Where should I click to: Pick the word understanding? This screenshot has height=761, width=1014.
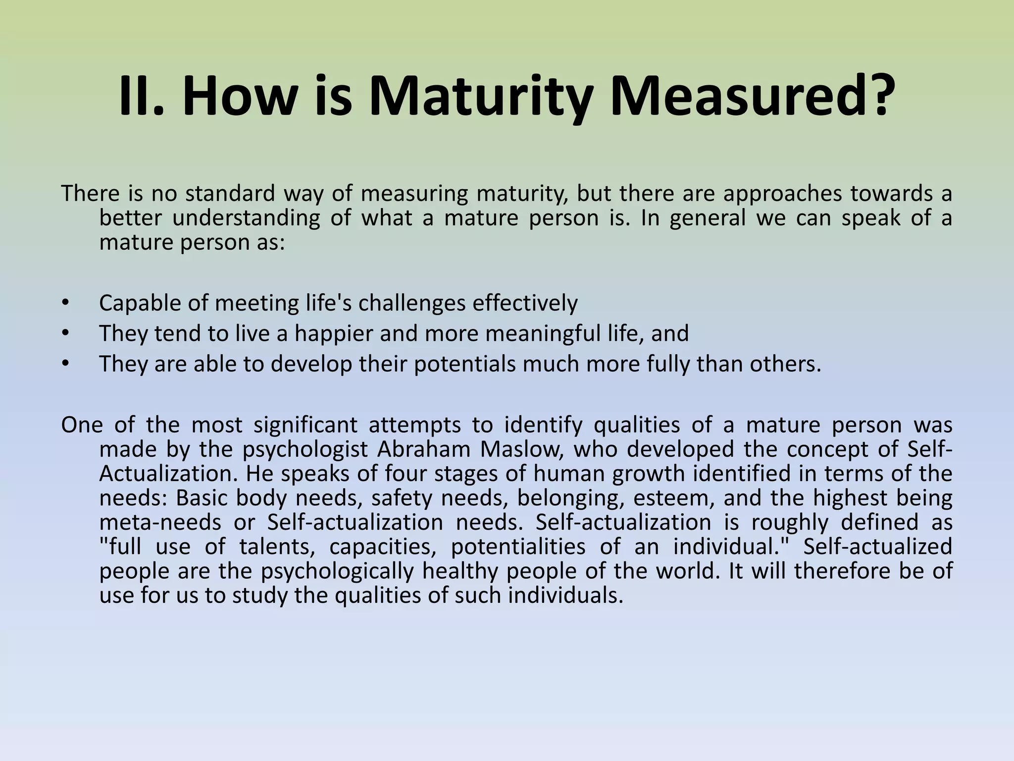pos(246,218)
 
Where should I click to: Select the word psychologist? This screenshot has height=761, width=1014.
pos(304,449)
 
